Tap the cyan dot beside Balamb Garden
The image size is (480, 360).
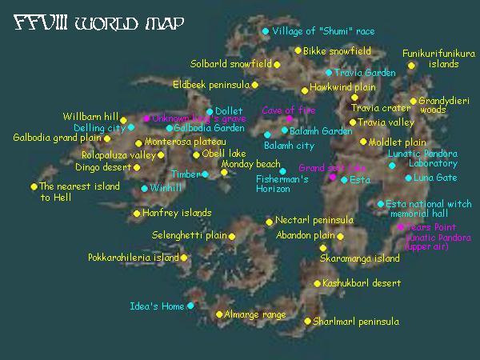pos(284,130)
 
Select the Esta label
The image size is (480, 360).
pos(360,180)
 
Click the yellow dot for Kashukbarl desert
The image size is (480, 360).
pos(317,283)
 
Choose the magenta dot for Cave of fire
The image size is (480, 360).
pos(289,119)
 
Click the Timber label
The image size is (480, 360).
pos(186,174)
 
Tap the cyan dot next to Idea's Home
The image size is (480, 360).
pos(190,306)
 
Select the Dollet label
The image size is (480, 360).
pos(228,111)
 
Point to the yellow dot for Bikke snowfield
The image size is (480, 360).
pos(298,50)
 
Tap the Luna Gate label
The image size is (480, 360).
pos(435,178)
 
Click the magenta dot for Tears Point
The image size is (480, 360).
pos(401,227)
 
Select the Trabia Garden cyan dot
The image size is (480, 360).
pos(329,73)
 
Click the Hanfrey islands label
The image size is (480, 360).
pos(177,213)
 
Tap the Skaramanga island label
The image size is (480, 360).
pos(359,259)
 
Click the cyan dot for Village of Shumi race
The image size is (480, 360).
pos(266,31)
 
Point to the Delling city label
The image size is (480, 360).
pos(99,127)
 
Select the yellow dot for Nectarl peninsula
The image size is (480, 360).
pos(270,221)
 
